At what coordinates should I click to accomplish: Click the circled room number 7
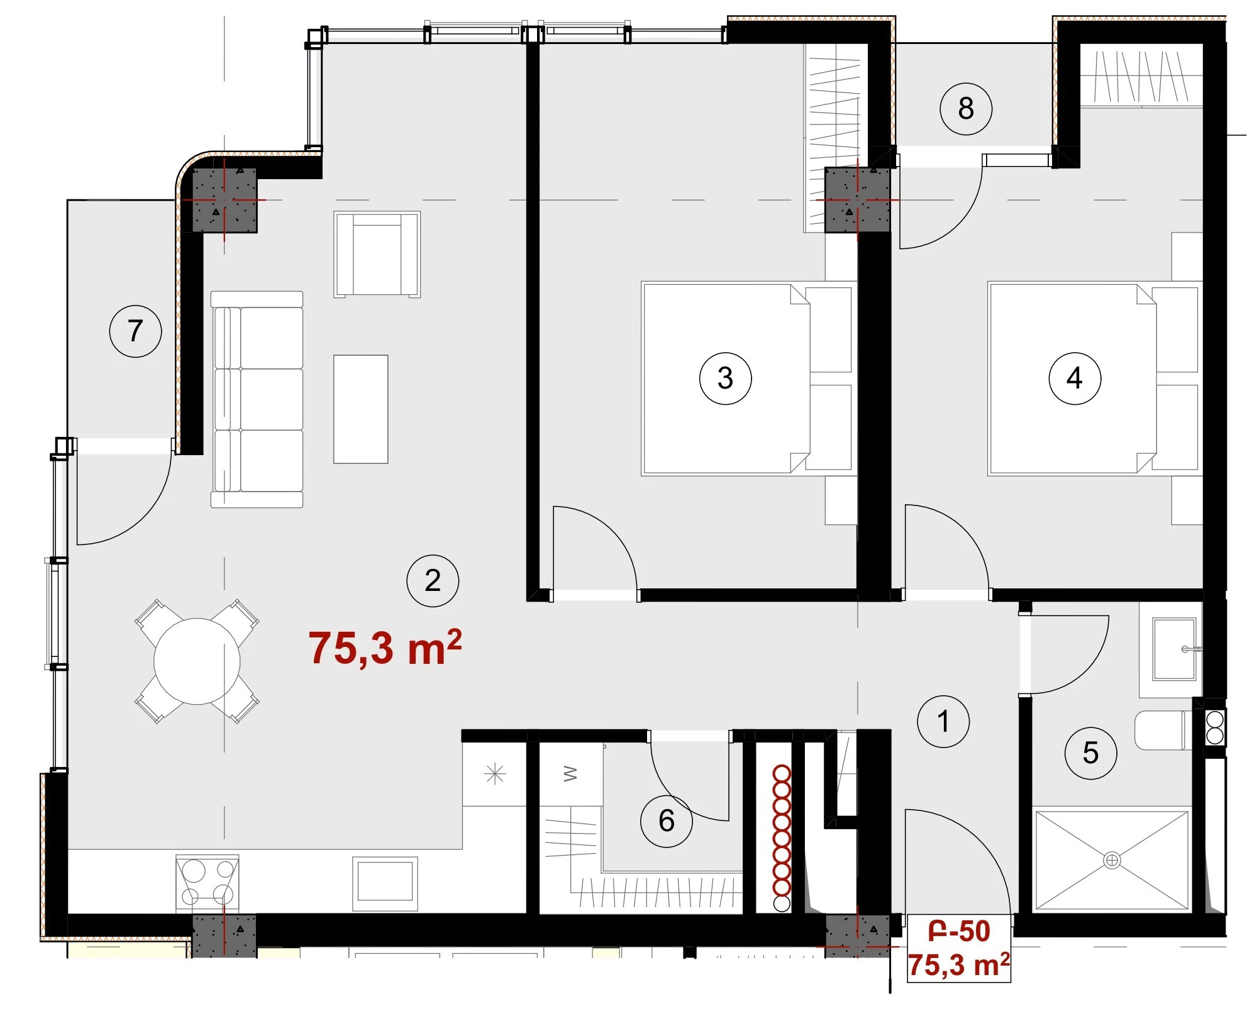[x=135, y=331]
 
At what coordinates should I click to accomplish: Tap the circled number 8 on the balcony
[x=966, y=109]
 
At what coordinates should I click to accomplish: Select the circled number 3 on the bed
[x=725, y=378]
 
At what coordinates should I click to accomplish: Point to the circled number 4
[x=1075, y=378]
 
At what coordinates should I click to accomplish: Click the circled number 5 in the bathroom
[x=1090, y=753]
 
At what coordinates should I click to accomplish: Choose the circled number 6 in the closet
[x=667, y=820]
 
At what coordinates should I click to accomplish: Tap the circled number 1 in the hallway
[x=943, y=721]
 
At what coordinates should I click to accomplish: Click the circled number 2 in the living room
[x=433, y=580]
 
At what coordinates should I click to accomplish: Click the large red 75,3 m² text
[x=385, y=648]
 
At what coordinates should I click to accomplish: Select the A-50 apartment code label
[x=959, y=931]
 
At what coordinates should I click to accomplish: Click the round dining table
[x=197, y=661]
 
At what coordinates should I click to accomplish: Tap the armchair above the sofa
[x=377, y=254]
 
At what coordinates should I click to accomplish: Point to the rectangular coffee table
[x=360, y=409]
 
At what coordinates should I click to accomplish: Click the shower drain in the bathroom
[x=1112, y=860]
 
